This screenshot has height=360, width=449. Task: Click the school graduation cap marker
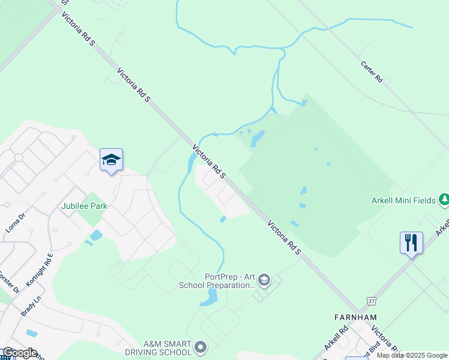[x=111, y=160]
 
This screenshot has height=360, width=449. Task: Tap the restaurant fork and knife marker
[x=411, y=243]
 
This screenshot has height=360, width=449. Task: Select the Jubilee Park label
[x=84, y=206]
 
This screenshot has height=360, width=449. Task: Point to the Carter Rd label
[x=372, y=71]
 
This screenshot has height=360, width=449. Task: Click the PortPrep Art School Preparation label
[x=217, y=281]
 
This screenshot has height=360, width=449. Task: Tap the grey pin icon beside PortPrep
[x=264, y=280]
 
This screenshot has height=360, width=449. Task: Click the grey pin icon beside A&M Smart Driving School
[x=201, y=347]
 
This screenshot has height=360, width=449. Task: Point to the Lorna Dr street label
[x=14, y=221]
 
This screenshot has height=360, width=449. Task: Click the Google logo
[x=19, y=353]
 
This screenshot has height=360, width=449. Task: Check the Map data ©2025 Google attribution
[x=412, y=355]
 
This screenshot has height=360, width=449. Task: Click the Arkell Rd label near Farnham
[x=336, y=338]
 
